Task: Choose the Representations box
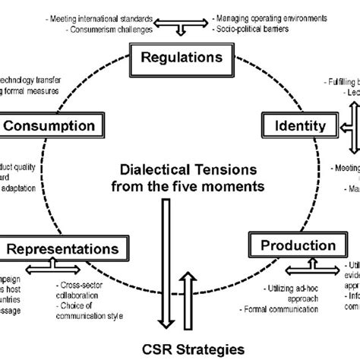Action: pyautogui.click(x=62, y=248)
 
